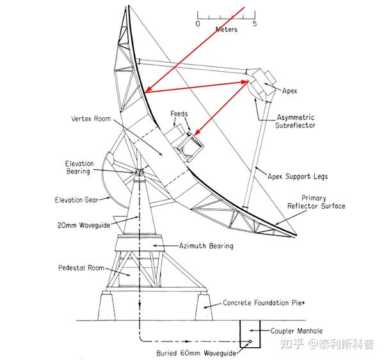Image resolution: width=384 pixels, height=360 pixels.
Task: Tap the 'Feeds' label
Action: pyautogui.click(x=179, y=113)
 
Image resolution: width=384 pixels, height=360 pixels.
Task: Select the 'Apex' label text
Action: pyautogui.click(x=290, y=91)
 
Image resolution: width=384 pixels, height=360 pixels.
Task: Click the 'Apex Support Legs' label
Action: pyautogui.click(x=298, y=176)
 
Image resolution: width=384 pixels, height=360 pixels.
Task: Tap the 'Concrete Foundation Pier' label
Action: pyautogui.click(x=264, y=303)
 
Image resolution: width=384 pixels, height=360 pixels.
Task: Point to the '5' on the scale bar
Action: pyautogui.click(x=255, y=23)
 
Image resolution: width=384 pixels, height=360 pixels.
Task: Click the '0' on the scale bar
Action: pyautogui.click(x=198, y=23)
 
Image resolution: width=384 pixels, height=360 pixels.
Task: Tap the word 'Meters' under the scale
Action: pyautogui.click(x=227, y=29)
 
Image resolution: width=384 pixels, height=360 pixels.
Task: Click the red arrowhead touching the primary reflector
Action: pyautogui.click(x=148, y=92)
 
